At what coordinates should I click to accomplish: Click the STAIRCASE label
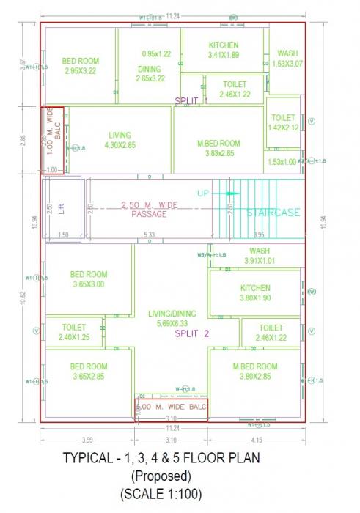coord(273,213)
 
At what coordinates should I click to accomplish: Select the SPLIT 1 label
coord(191,100)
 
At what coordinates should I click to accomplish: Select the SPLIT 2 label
coord(192,333)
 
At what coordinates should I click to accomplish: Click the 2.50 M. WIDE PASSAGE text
coord(149,209)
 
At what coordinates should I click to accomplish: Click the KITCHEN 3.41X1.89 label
coord(223,49)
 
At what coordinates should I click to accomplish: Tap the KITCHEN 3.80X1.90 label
coord(254,293)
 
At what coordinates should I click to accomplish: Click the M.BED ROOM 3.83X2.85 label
coord(218,147)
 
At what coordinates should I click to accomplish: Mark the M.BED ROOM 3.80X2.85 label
coord(254,371)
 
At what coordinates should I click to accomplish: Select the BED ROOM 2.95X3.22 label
coord(80,66)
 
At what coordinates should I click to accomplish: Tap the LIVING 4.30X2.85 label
coord(120,140)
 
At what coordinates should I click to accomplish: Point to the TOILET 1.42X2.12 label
coord(283,122)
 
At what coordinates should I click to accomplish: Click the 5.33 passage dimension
coord(150,235)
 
